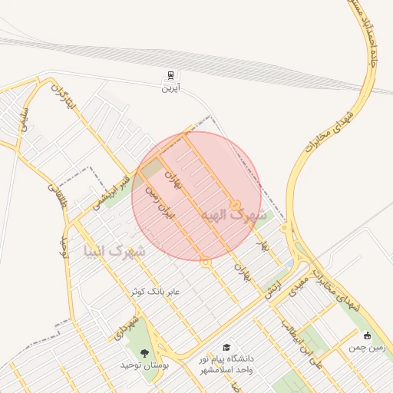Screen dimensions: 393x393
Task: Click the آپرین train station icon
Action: (x=169, y=76)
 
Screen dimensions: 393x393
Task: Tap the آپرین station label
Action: (x=169, y=88)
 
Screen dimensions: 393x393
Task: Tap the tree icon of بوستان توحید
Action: (x=144, y=353)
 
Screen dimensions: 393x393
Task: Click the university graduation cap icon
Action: (x=226, y=348)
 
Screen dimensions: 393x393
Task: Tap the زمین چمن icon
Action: (x=367, y=335)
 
